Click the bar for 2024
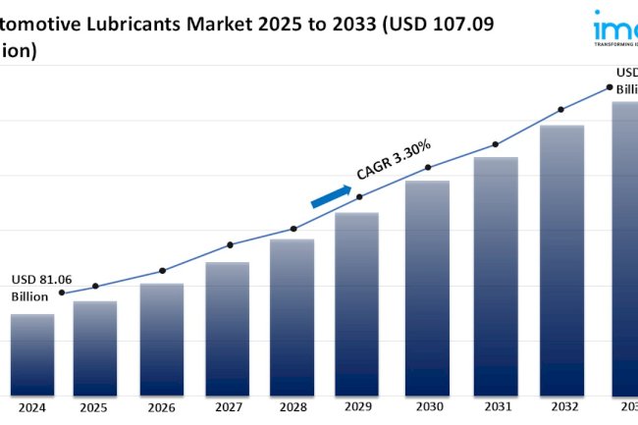32,353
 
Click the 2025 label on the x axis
94,405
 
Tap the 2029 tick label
357,405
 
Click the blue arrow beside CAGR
331,195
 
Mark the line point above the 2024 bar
62,292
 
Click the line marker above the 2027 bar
230,244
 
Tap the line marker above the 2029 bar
359,196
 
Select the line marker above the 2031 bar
495,144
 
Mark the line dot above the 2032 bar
560,109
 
